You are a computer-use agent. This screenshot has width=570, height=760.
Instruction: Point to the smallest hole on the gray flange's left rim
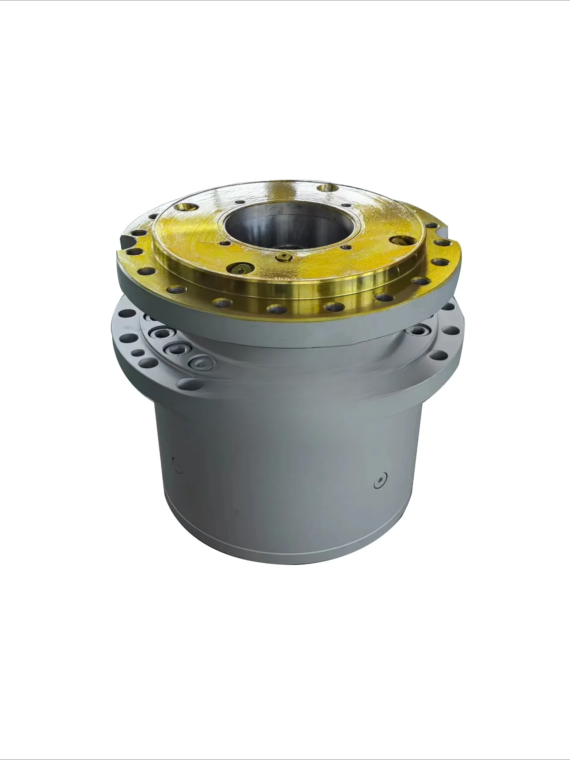coord(138,353)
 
